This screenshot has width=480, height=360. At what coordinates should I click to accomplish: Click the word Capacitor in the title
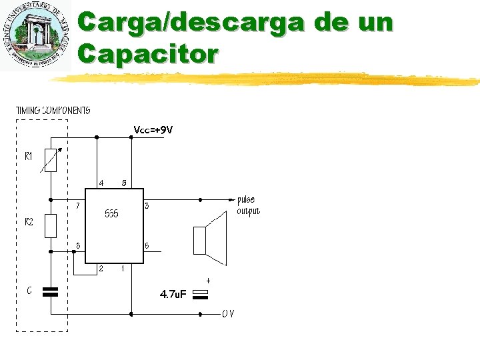pyautogui.click(x=147, y=53)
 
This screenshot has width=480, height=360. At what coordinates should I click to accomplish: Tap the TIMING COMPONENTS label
pyautogui.click(x=53, y=110)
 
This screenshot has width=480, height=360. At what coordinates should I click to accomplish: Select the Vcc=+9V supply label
pyautogui.click(x=153, y=130)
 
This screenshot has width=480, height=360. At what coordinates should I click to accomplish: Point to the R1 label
pyautogui.click(x=29, y=157)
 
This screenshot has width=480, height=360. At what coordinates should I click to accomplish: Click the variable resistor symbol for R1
pyautogui.click(x=51, y=160)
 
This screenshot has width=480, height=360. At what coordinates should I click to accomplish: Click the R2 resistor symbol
pyautogui.click(x=51, y=226)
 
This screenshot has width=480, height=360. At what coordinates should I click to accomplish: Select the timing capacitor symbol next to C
pyautogui.click(x=51, y=291)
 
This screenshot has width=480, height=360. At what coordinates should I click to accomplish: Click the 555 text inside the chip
pyautogui.click(x=112, y=215)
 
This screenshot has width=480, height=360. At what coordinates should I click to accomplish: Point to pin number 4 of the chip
pyautogui.click(x=101, y=182)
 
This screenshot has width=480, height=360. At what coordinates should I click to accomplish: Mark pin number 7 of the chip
pyautogui.click(x=78, y=205)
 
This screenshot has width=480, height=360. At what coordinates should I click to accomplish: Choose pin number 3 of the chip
pyautogui.click(x=146, y=206)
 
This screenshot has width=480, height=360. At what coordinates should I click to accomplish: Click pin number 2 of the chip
pyautogui.click(x=101, y=269)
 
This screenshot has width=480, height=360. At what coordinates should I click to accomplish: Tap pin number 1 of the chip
pyautogui.click(x=122, y=269)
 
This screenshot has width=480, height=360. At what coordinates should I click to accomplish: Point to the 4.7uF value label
pyautogui.click(x=173, y=294)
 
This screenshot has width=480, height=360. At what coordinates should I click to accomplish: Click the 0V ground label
pyautogui.click(x=228, y=314)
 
